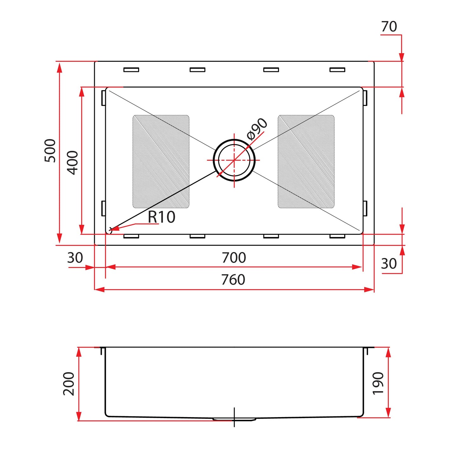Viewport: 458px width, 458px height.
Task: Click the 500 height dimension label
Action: pos(50,151)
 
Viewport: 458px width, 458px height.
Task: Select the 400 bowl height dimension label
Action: pos(72,163)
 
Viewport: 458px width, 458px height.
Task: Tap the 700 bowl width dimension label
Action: pos(234,258)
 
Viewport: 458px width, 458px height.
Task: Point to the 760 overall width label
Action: pos(233,280)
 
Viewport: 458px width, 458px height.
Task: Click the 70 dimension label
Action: pos(389,26)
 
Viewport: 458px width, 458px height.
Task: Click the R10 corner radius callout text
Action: pos(162,217)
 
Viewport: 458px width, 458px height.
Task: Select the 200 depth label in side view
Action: pos(69,384)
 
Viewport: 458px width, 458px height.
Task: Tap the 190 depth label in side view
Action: pos(378,384)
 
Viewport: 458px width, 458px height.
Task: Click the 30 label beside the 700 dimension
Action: pos(75,258)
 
